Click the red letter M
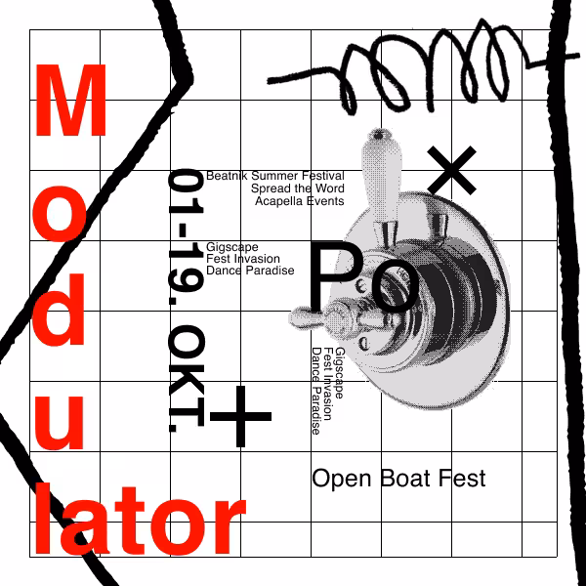click(x=70, y=100)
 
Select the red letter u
click(x=59, y=422)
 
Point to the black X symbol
click(x=451, y=170)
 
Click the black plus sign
click(x=240, y=416)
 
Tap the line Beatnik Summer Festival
click(x=275, y=176)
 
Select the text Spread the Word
click(x=298, y=188)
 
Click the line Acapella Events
click(x=300, y=201)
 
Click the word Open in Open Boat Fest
click(x=342, y=480)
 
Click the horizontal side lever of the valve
click(x=336, y=318)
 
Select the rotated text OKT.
click(x=187, y=378)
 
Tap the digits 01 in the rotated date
click(x=187, y=191)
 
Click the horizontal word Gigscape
click(x=232, y=247)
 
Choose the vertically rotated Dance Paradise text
click(x=316, y=391)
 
